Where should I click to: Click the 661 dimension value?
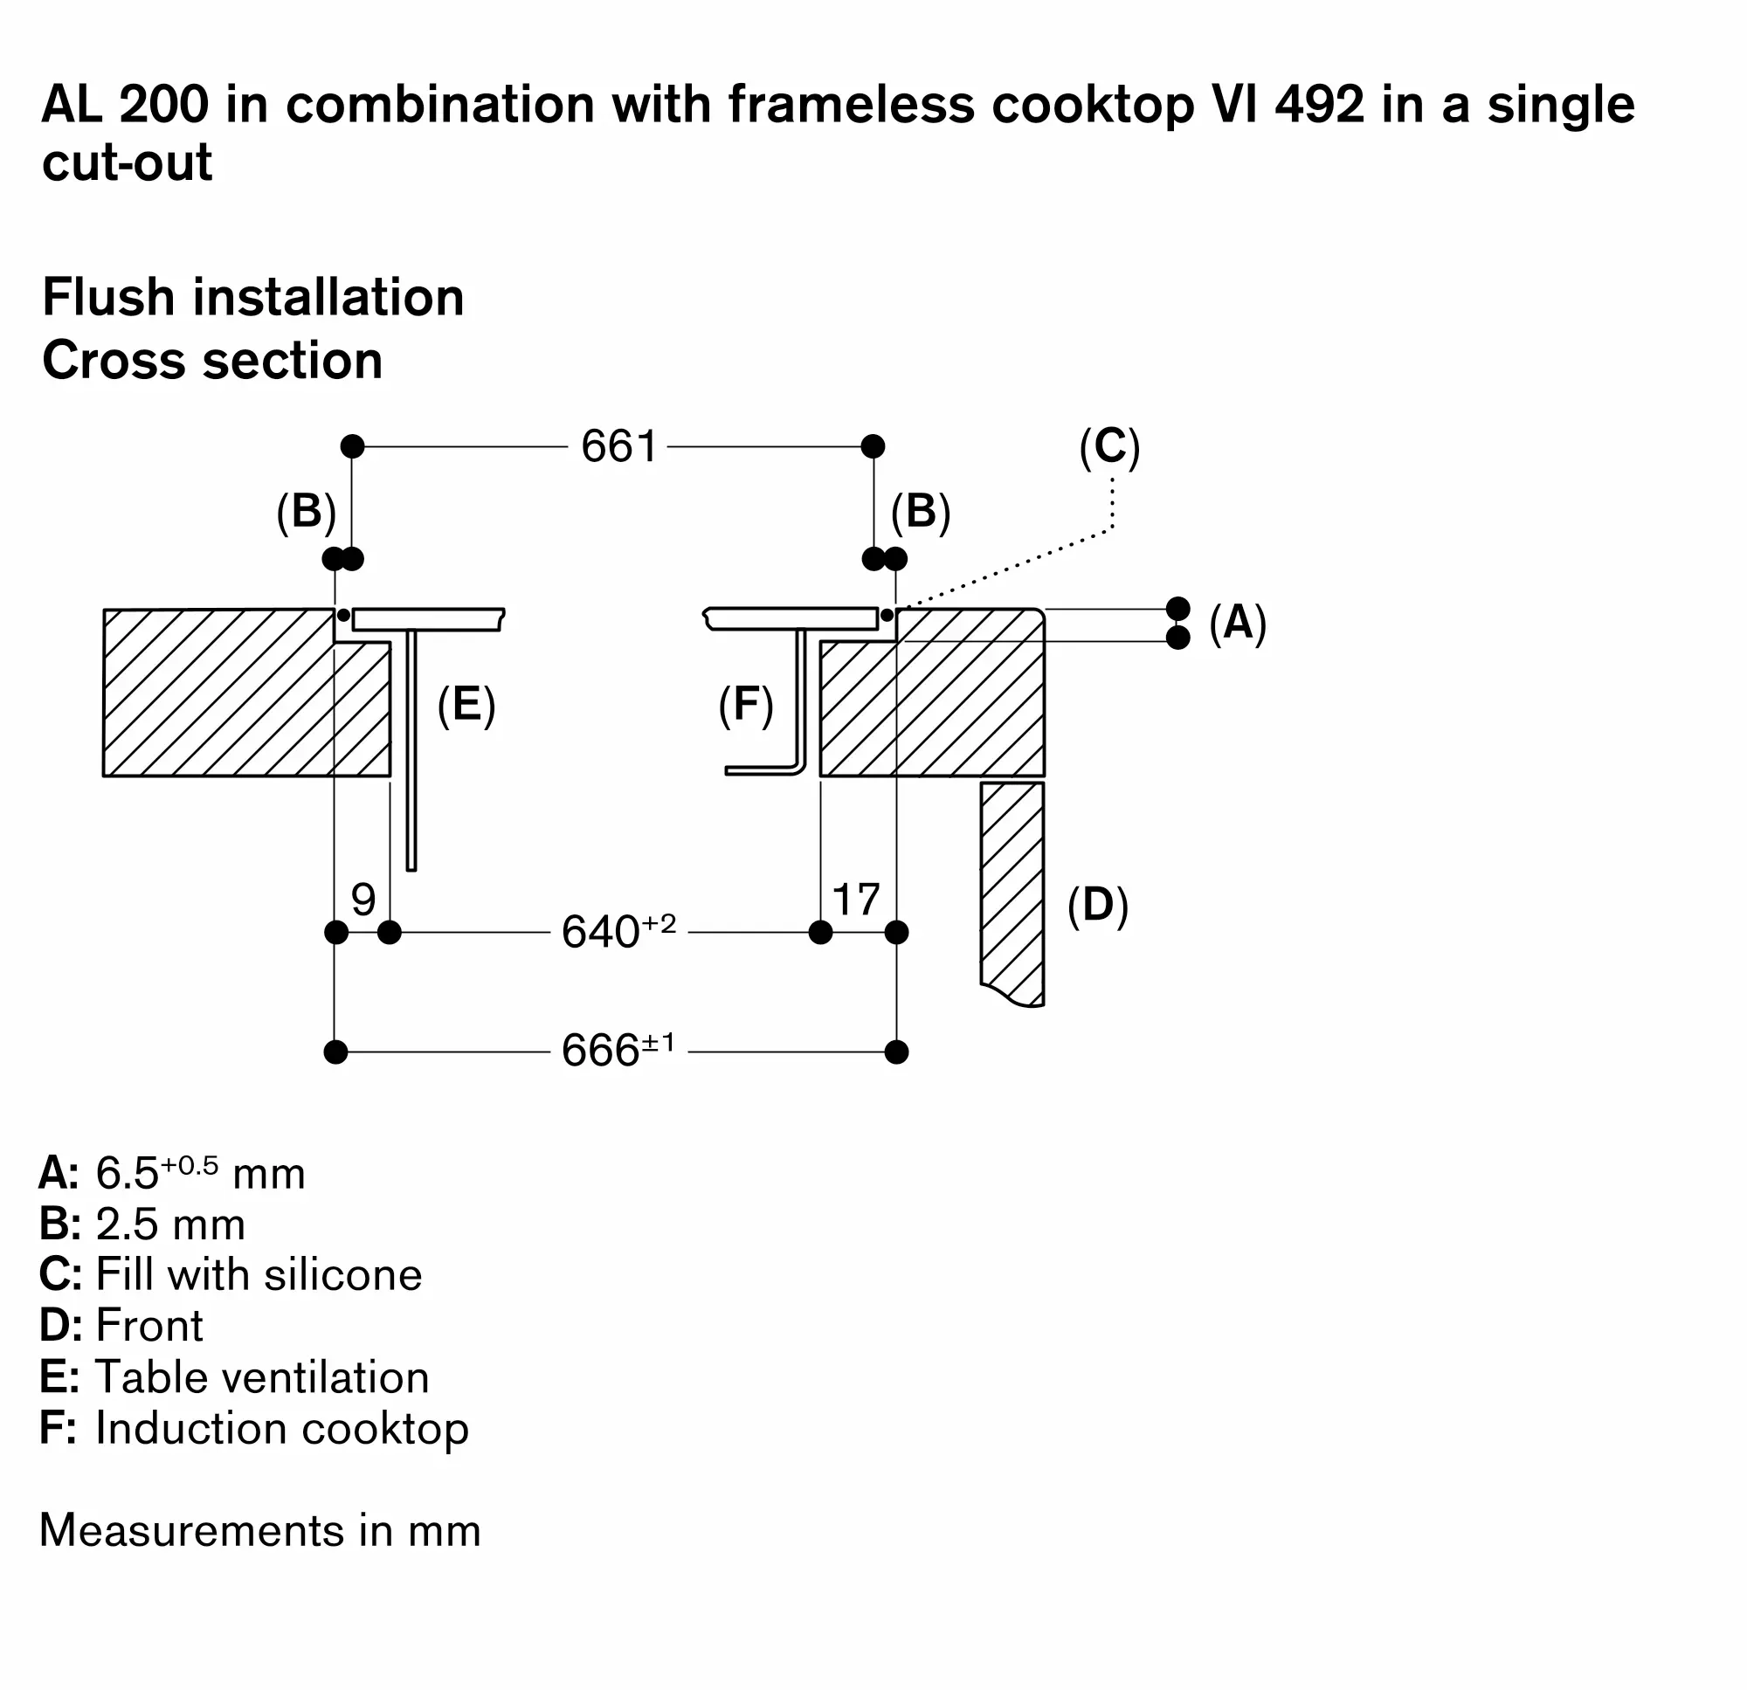[618, 445]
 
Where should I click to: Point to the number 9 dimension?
[363, 900]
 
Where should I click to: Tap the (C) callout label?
[1109, 446]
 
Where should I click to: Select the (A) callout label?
[1238, 622]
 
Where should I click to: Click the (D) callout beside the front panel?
[1098, 906]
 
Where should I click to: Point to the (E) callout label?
[466, 705]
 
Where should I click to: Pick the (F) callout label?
[746, 705]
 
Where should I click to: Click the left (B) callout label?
[306, 513]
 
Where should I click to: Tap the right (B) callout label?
[921, 513]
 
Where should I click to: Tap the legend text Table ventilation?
[262, 1377]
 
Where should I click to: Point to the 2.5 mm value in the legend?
[170, 1224]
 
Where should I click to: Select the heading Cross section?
[212, 360]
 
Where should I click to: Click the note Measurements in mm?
[260, 1530]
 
